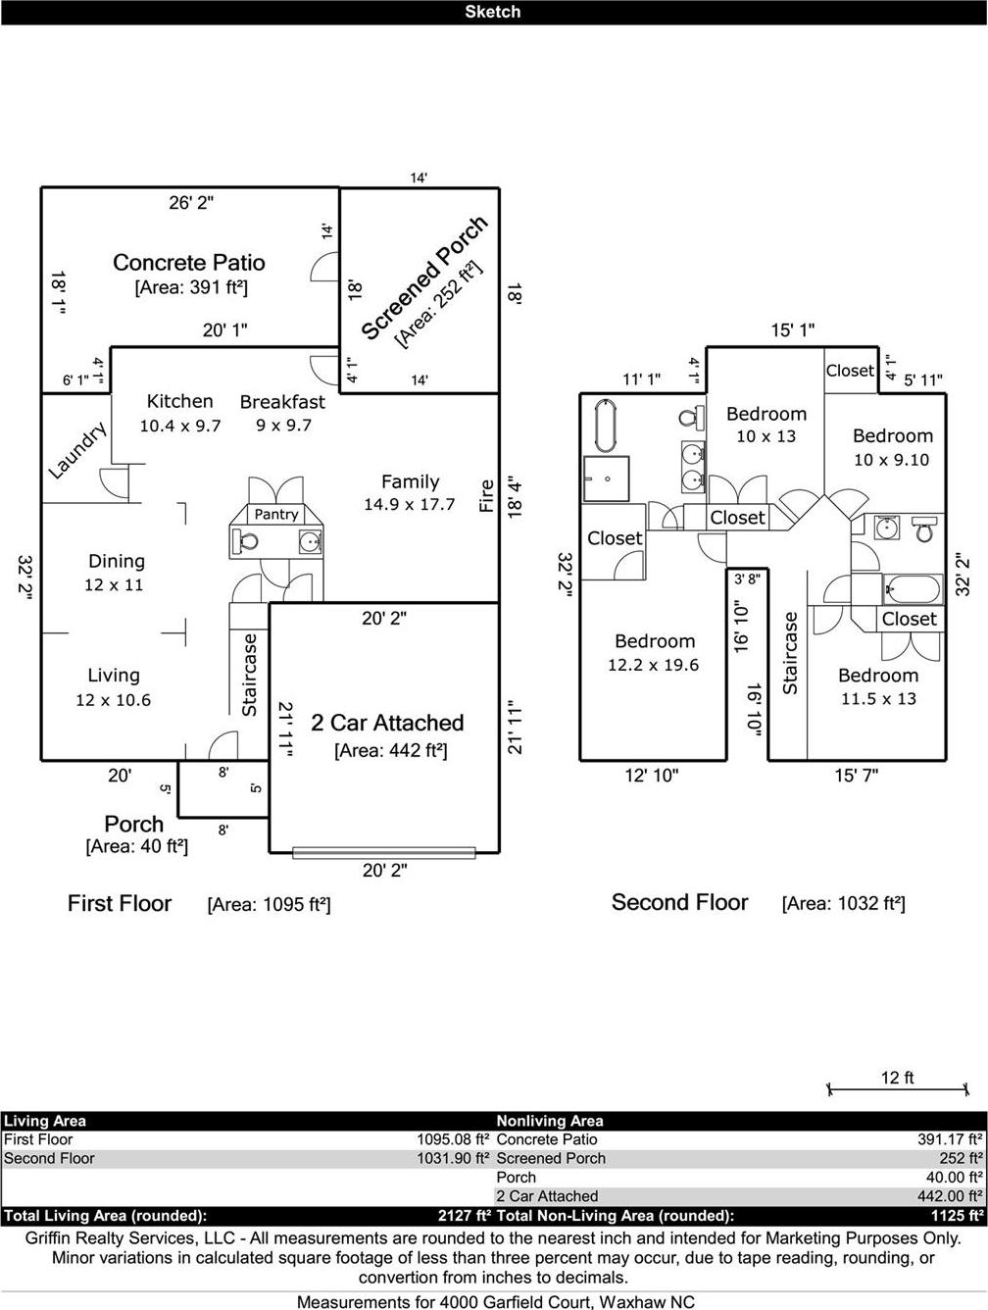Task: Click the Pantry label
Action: coord(275,514)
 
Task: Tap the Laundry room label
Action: coord(77,450)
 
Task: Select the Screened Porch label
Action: coord(424,277)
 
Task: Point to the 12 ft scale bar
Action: coord(898,1089)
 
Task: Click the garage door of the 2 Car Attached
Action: coord(383,852)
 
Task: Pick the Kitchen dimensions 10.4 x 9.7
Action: coord(180,426)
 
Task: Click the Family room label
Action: coord(410,481)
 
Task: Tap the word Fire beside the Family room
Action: coord(487,495)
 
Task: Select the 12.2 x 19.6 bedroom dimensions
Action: coord(654,664)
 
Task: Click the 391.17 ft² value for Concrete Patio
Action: coord(950,1139)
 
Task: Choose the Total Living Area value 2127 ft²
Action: coord(465,1216)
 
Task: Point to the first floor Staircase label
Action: coord(249,675)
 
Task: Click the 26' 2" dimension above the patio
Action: coord(191,203)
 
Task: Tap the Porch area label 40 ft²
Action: coord(136,846)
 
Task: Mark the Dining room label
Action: coord(117,561)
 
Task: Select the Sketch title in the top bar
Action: coord(493,12)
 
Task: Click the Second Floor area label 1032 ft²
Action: coord(843,904)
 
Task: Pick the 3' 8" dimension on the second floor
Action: coord(747,579)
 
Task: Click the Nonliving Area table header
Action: coord(550,1121)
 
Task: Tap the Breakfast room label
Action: coord(283,402)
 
